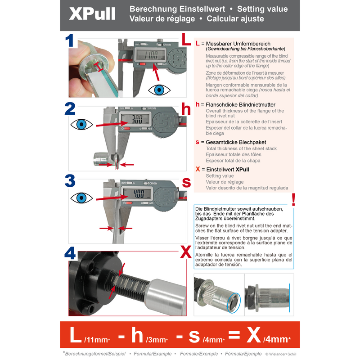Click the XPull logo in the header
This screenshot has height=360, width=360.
92,14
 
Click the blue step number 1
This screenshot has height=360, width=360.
70,41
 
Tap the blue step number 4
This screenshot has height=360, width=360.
70,253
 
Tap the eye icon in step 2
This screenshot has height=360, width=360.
81,124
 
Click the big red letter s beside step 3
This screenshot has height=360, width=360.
186,182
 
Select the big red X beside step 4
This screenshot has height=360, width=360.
185,253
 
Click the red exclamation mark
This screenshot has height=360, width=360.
293,199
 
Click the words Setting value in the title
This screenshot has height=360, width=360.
262,9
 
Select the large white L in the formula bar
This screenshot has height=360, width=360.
76,335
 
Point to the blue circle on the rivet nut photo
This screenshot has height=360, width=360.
234,302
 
